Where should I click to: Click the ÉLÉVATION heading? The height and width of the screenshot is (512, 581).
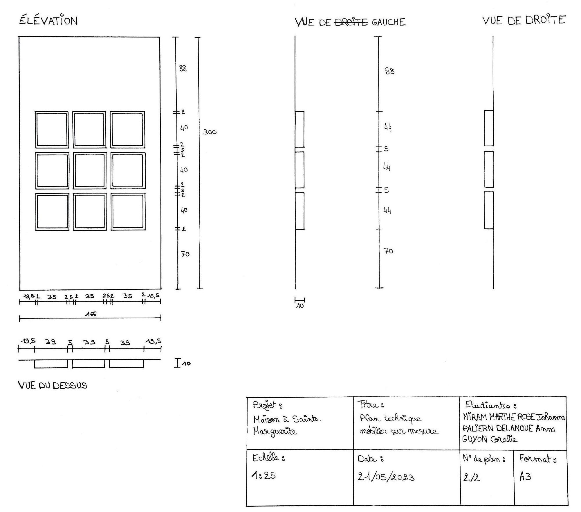click(48, 21)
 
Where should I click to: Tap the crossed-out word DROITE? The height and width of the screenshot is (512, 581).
click(351, 22)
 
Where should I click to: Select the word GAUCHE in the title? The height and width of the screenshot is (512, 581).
click(389, 22)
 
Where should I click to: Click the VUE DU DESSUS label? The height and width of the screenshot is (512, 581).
click(53, 385)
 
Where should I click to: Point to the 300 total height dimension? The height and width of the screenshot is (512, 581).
click(210, 132)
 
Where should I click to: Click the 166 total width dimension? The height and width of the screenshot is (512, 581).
click(91, 314)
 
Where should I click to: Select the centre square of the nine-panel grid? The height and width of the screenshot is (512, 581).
click(89, 171)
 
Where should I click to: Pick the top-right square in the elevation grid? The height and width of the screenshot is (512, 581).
click(127, 130)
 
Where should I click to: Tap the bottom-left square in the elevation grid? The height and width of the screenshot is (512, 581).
click(53, 212)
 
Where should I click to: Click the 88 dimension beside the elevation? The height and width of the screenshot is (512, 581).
click(183, 69)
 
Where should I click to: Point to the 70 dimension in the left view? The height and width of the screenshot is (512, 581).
click(389, 251)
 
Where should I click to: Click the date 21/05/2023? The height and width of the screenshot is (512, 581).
click(386, 477)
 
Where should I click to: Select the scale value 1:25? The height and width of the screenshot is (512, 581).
click(264, 476)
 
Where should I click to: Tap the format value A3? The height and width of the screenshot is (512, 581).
click(525, 477)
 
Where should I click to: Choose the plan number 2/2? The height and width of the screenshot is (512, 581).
click(472, 477)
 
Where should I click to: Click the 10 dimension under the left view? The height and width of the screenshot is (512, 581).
click(300, 306)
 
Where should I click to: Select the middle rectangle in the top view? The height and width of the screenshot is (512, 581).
click(89, 364)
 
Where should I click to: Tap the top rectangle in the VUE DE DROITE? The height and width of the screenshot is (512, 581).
click(489, 128)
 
